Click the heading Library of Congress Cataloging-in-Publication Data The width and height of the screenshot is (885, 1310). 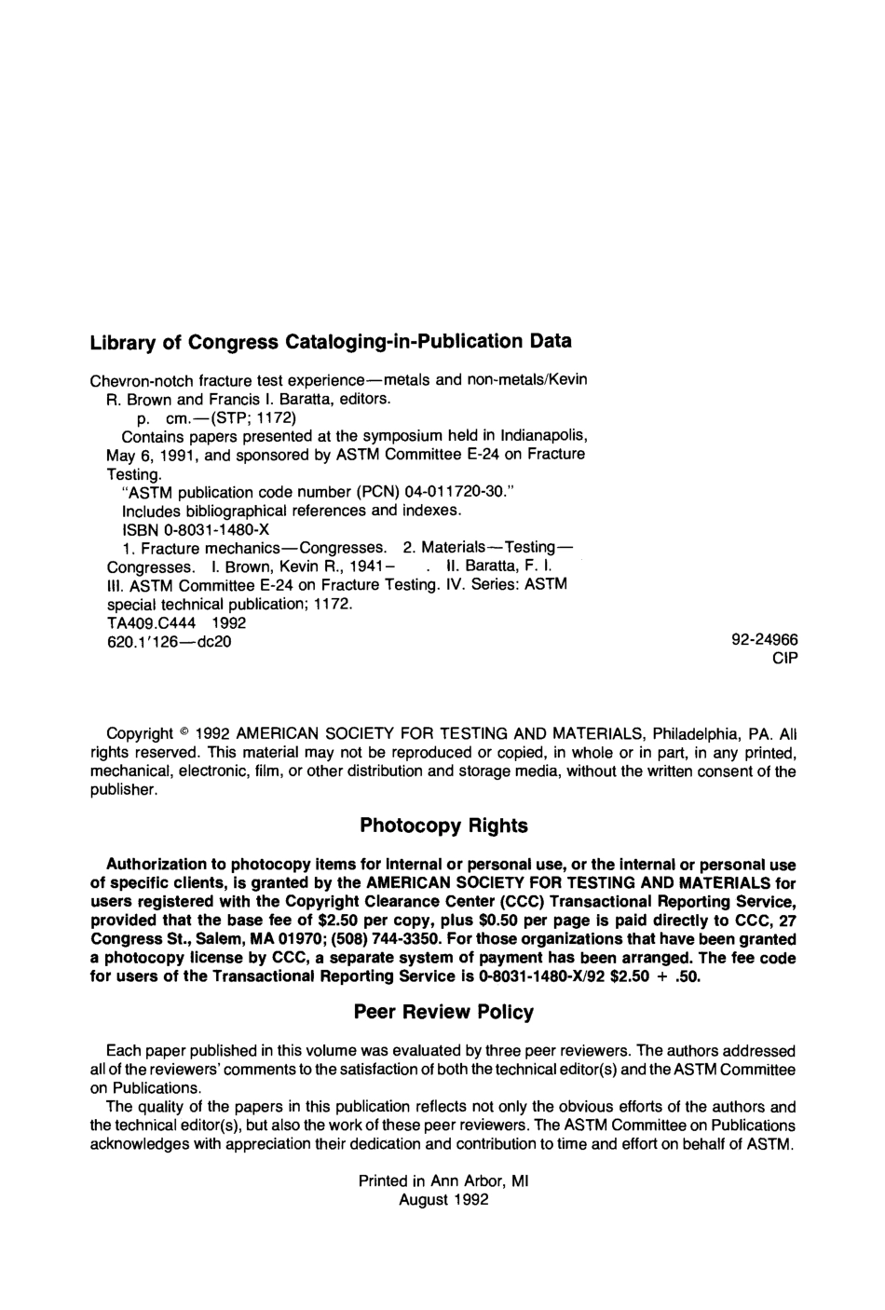(330, 342)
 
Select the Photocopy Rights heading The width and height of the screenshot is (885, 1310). (443, 826)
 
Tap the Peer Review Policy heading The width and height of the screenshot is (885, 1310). (443, 1012)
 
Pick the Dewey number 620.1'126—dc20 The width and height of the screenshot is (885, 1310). (170, 641)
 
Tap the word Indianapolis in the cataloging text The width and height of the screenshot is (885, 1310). (543, 436)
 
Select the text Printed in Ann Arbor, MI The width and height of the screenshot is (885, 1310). (443, 1181)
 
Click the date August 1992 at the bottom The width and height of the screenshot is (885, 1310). (443, 1200)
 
